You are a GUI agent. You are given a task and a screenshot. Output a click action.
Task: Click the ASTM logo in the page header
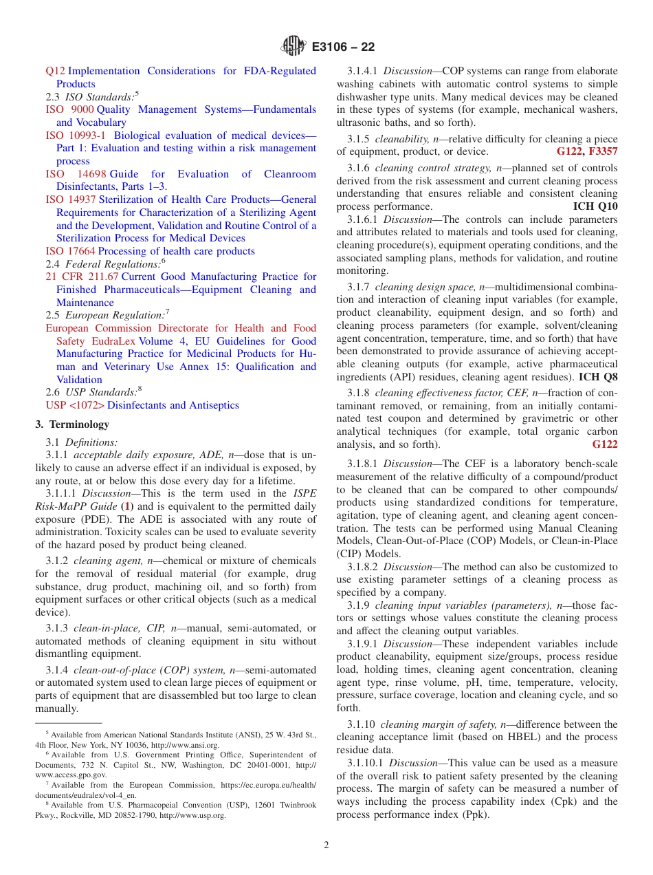pyautogui.click(x=294, y=47)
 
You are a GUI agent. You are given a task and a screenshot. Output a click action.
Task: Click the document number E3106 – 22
pyautogui.click(x=343, y=47)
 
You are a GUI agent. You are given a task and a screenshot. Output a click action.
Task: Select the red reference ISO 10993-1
pyautogui.click(x=76, y=136)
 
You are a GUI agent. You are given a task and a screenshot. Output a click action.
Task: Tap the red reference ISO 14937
pyautogui.click(x=65, y=199)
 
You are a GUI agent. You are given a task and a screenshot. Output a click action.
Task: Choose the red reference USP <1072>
pyautogui.click(x=75, y=405)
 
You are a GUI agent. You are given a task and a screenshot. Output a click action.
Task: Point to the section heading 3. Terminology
pyautogui.click(x=72, y=424)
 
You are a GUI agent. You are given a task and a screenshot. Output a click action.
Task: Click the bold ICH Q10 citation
pyautogui.click(x=595, y=206)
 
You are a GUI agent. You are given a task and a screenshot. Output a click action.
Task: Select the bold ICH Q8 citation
pyautogui.click(x=598, y=377)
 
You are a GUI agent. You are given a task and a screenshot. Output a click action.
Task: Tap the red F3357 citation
pyautogui.click(x=603, y=151)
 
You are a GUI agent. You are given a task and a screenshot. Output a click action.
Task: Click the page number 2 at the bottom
pyautogui.click(x=326, y=845)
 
